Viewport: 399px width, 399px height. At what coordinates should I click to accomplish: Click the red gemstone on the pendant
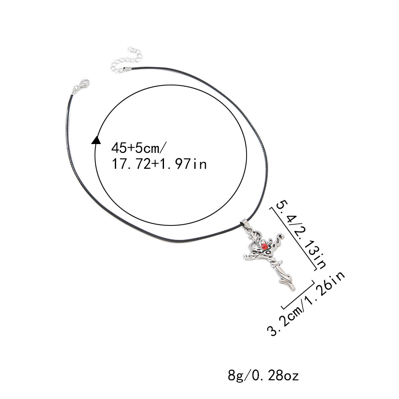265,246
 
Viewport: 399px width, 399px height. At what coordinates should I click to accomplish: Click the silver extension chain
127,60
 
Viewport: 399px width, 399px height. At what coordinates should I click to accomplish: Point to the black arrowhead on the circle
96,140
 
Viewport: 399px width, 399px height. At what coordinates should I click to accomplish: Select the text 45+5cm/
139,148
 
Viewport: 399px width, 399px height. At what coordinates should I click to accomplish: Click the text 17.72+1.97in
159,164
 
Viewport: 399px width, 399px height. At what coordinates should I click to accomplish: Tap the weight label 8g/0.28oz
263,375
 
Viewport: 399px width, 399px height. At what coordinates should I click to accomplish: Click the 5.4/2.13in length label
301,234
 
